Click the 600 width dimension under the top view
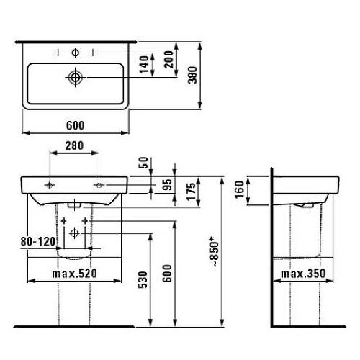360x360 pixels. click(76, 125)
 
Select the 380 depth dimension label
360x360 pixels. click(193, 75)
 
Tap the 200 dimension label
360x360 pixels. click(168, 59)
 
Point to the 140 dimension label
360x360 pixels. click(144, 64)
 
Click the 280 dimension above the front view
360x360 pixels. click(74, 145)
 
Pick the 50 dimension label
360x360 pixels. click(144, 163)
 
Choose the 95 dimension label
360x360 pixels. click(168, 184)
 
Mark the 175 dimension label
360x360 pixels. click(192, 192)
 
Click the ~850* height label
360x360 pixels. click(213, 251)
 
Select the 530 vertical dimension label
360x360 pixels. click(143, 280)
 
